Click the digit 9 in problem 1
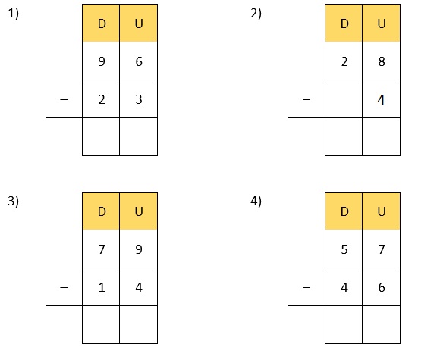pos(102,61)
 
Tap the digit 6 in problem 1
pos(139,61)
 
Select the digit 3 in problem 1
pos(139,99)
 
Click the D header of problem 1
pos(101,23)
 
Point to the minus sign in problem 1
pos(64,99)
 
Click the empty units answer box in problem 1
pos(138,136)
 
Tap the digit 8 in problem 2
pos(382,61)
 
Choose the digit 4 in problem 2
pos(381,100)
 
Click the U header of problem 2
pos(381,23)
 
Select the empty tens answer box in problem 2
pos(344,136)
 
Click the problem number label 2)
pos(256,14)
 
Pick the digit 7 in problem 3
pos(102,249)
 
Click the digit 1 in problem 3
pos(102,287)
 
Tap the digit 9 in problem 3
pos(139,249)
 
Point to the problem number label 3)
pos(14,201)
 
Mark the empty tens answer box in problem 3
pos(101,324)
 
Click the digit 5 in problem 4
pos(344,249)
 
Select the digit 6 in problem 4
pos(382,287)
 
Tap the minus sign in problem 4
pos(306,287)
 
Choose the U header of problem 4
pos(381,211)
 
